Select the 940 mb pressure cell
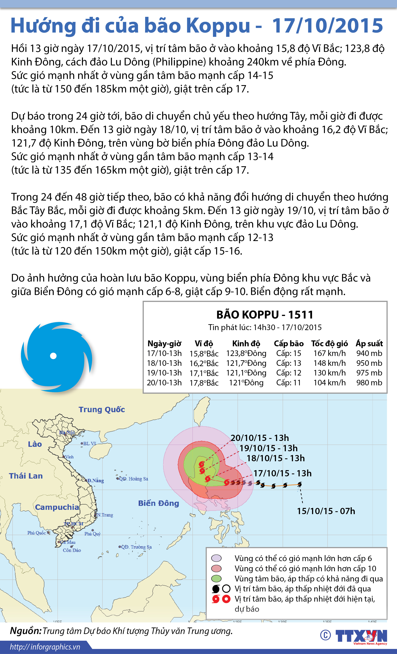tap(369, 353)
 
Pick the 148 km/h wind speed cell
tap(329, 363)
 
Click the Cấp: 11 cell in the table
tap(289, 383)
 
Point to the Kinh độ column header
tap(246, 343)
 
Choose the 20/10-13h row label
tap(164, 383)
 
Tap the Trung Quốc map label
tap(102, 409)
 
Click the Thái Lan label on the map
tap(26, 476)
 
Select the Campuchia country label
tap(57, 507)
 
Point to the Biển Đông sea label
tap(158, 503)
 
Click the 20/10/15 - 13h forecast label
tap(259, 438)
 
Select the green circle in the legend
tap(216, 578)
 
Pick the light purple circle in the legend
tap(216, 558)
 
